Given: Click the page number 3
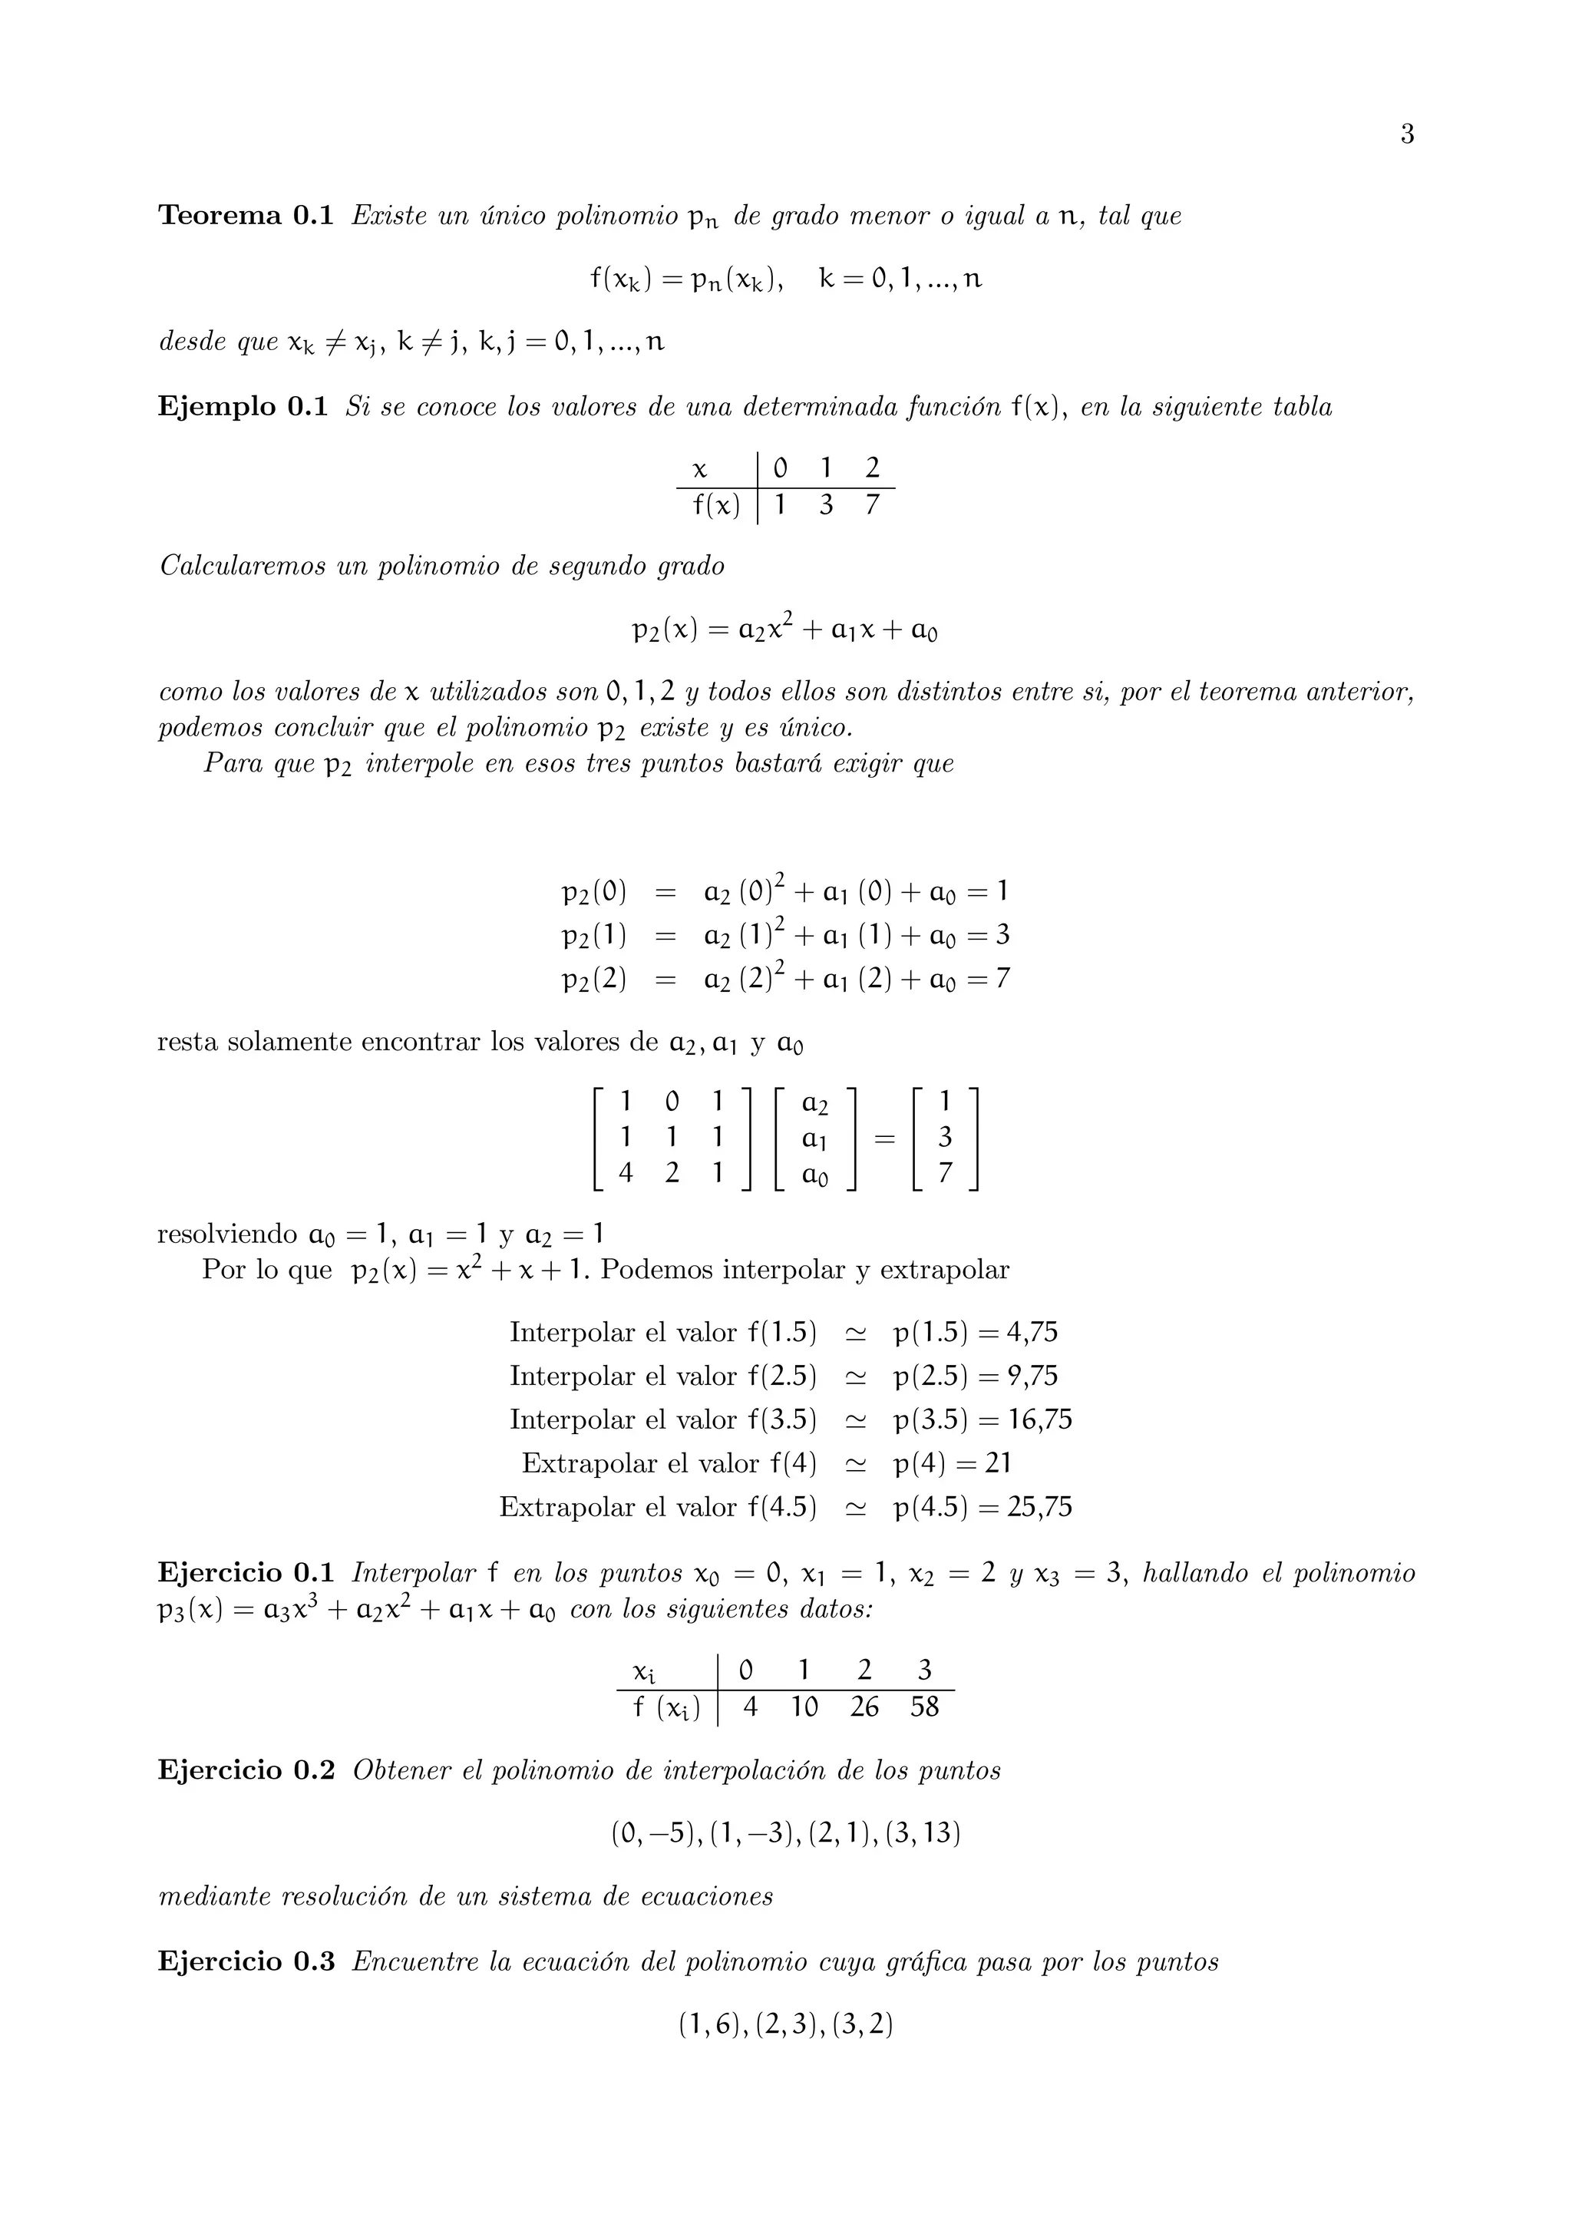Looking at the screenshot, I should click(x=1406, y=134).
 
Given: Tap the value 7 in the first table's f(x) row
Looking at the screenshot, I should click(x=872, y=504).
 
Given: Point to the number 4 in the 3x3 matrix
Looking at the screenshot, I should click(x=626, y=1173).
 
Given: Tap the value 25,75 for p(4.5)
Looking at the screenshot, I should click(x=1039, y=1507).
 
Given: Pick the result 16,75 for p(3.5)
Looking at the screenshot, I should click(x=1039, y=1420).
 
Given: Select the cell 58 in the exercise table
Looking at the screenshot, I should click(x=924, y=1707).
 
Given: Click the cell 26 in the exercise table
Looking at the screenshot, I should click(x=864, y=1707).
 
